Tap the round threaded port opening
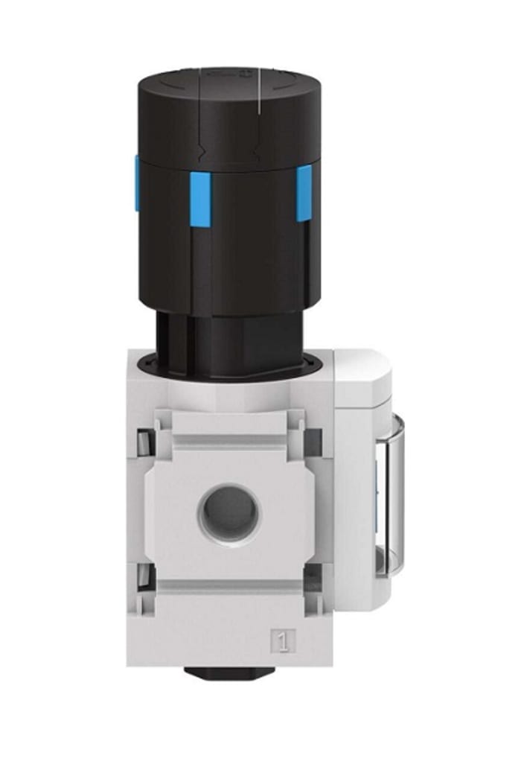(x=229, y=513)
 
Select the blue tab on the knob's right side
(x=304, y=193)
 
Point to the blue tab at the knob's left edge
(x=137, y=182)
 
